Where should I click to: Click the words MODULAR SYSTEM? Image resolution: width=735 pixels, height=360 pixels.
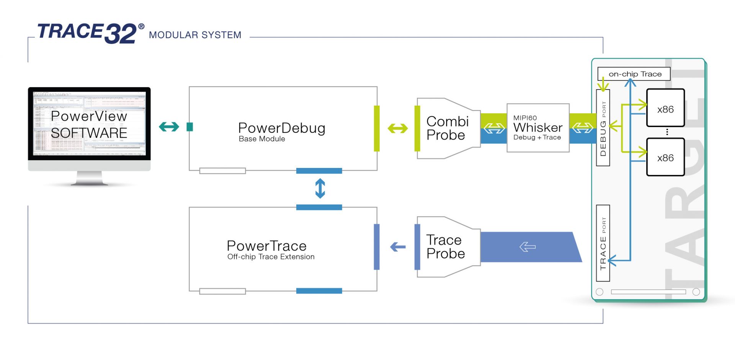click(195, 35)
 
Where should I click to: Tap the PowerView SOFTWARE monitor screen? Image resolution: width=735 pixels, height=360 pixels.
click(89, 124)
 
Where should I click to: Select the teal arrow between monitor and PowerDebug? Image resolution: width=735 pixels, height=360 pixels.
click(169, 127)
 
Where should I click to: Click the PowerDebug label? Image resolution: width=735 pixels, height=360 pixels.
click(281, 128)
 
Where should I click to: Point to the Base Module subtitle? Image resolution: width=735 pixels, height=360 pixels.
click(262, 139)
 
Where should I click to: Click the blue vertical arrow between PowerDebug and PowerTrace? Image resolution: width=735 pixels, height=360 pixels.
click(320, 189)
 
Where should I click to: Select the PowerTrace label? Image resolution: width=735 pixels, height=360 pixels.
click(266, 246)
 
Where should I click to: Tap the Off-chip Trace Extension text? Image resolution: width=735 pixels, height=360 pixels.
click(271, 257)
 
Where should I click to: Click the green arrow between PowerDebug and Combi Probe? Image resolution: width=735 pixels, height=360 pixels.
click(397, 128)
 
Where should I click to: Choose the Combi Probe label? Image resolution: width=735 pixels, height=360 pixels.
click(447, 128)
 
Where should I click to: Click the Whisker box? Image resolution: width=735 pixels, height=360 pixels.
click(537, 128)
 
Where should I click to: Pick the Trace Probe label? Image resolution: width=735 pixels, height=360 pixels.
click(446, 247)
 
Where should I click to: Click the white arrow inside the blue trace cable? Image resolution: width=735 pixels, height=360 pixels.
click(528, 247)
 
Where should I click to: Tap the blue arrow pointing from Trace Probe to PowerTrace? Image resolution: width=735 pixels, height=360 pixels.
click(398, 247)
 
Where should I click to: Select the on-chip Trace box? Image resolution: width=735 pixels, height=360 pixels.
click(634, 74)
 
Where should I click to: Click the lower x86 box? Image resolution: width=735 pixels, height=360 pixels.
click(665, 157)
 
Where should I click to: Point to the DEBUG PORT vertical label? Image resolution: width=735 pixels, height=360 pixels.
click(603, 128)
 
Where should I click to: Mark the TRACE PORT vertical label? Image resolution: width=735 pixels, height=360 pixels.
click(603, 243)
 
